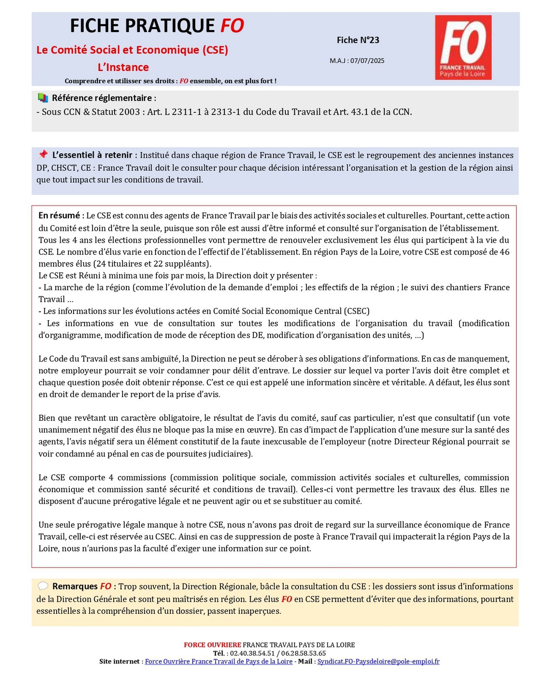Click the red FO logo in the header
point(463,47)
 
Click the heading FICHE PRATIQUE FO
point(157,26)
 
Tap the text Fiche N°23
point(358,40)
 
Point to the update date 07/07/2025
point(367,61)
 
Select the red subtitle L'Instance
point(123,67)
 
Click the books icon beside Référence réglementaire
point(43,98)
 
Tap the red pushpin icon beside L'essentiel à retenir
point(43,155)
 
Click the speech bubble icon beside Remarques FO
point(43,586)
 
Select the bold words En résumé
point(59,215)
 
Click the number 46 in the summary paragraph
point(504,252)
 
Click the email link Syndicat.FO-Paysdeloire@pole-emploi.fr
point(378,661)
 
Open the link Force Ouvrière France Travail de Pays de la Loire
point(219,661)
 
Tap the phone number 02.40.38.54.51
point(252,653)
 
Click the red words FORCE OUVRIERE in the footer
point(212,645)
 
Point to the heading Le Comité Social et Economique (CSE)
point(132,50)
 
